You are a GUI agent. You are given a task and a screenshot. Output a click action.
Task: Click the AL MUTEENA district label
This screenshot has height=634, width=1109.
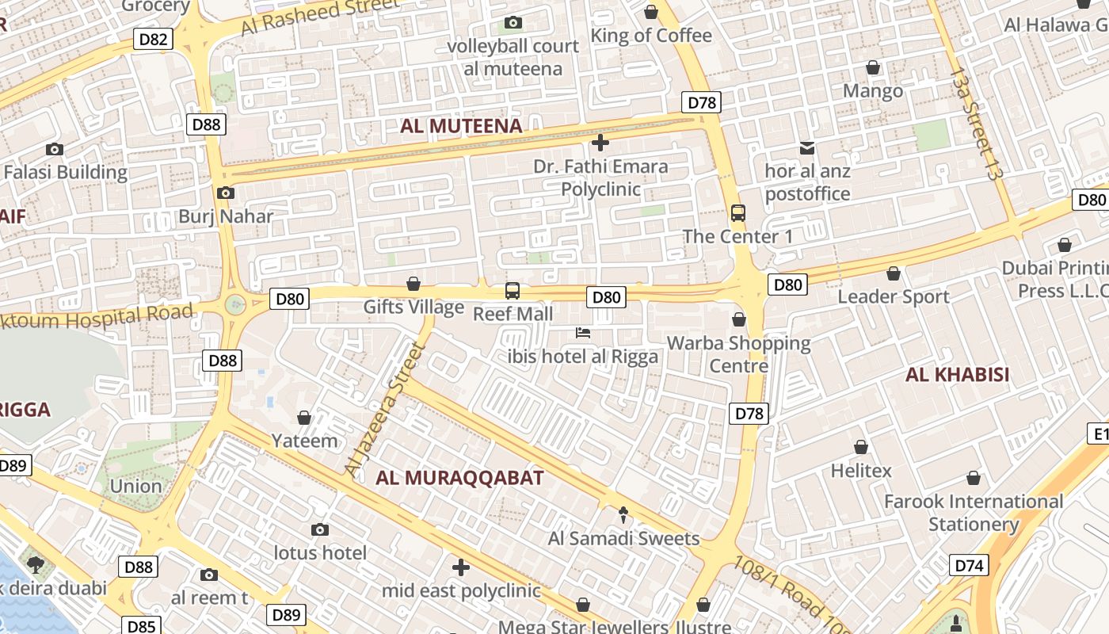tap(461, 126)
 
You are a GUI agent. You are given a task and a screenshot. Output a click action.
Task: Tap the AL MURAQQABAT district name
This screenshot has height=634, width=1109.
tap(459, 478)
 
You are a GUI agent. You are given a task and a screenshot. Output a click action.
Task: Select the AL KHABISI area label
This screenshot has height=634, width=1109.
tap(957, 375)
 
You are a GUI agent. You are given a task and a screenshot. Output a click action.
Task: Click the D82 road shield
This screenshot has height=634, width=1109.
tap(153, 40)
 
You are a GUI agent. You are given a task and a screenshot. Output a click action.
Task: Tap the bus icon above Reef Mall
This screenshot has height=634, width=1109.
tap(513, 291)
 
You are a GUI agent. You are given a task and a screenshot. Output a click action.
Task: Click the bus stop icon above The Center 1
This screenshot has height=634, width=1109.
tap(738, 213)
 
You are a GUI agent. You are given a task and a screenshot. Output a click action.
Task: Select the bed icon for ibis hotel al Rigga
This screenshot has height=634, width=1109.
tap(583, 333)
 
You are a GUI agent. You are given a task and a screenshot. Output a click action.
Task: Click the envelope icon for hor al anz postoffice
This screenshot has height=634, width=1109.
tap(807, 147)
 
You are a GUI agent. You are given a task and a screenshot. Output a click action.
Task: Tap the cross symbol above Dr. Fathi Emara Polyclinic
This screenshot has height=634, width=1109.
tap(600, 143)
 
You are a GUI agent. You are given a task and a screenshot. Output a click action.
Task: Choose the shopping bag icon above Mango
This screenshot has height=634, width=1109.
tap(873, 67)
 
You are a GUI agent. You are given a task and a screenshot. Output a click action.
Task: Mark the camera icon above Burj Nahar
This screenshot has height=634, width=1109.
tap(225, 193)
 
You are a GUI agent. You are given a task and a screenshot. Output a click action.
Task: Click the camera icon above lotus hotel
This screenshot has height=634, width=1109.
tap(320, 529)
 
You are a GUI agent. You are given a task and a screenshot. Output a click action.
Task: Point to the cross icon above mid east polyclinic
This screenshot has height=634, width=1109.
tap(461, 567)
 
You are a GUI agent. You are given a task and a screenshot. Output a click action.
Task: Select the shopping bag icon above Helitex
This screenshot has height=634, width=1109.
tap(861, 447)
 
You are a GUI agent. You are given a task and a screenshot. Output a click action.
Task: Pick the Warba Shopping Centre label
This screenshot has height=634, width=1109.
tap(738, 354)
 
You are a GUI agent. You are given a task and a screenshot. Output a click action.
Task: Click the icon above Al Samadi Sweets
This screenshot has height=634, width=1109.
tap(623, 515)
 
